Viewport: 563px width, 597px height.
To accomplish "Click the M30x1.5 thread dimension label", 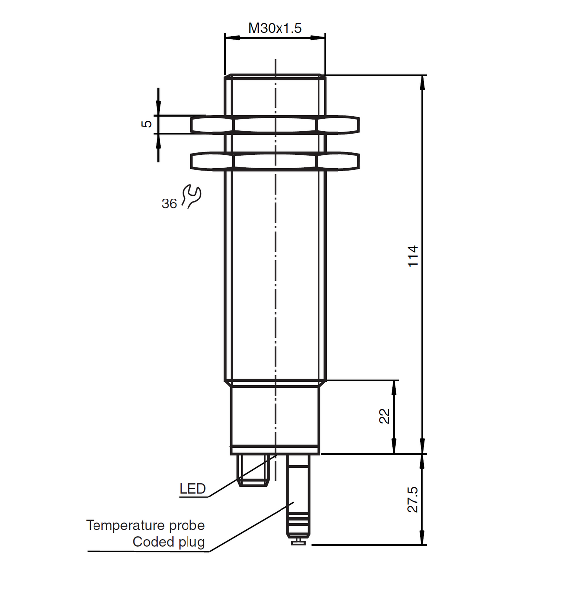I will (x=275, y=28).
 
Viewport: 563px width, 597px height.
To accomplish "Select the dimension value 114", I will (x=413, y=256).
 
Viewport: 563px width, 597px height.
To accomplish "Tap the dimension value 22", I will (x=385, y=416).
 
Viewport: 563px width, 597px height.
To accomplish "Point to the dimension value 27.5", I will (x=413, y=499).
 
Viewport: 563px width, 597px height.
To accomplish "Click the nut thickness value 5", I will (x=147, y=124).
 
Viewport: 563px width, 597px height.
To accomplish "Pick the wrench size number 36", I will (x=169, y=204).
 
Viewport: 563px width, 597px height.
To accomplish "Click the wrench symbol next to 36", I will (x=191, y=196).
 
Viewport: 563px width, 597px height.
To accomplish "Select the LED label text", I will (x=192, y=489).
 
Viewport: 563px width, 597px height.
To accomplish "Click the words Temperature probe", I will (x=145, y=525).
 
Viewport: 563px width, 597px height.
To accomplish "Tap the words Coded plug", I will (x=169, y=542).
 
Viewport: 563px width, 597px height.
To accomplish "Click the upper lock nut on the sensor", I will (x=275, y=125).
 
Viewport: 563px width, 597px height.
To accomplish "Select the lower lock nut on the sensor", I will (x=275, y=161).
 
